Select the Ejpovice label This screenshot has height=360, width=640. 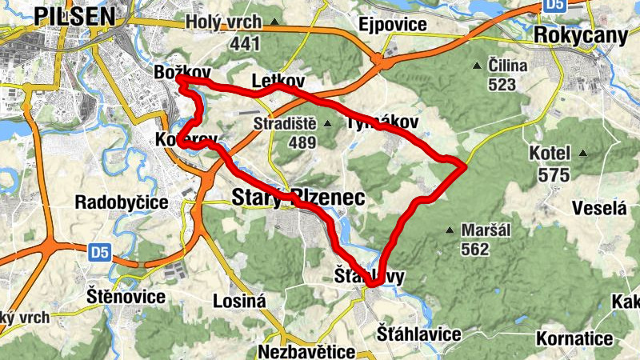393,24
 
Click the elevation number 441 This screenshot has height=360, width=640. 245,44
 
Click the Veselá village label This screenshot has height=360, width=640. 598,209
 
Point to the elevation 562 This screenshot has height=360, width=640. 474,250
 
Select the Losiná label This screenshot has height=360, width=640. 238,302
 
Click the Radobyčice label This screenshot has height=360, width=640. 122,202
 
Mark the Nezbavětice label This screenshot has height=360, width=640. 306,352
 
